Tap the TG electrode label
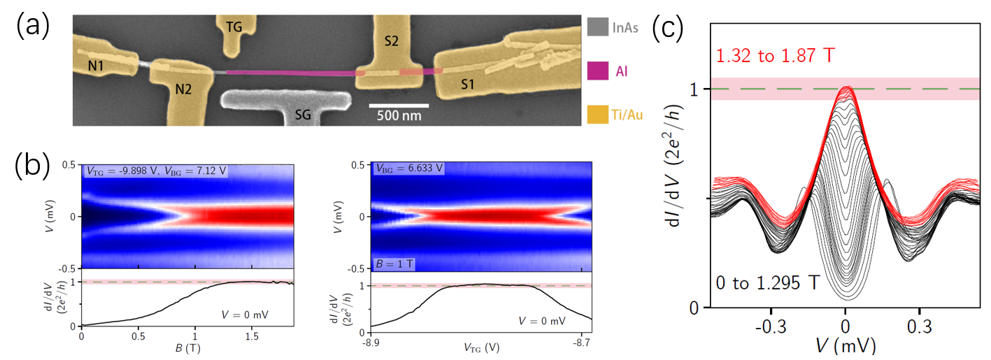[x=235, y=27]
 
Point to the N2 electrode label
[x=183, y=89]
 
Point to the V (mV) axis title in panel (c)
[x=846, y=345]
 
